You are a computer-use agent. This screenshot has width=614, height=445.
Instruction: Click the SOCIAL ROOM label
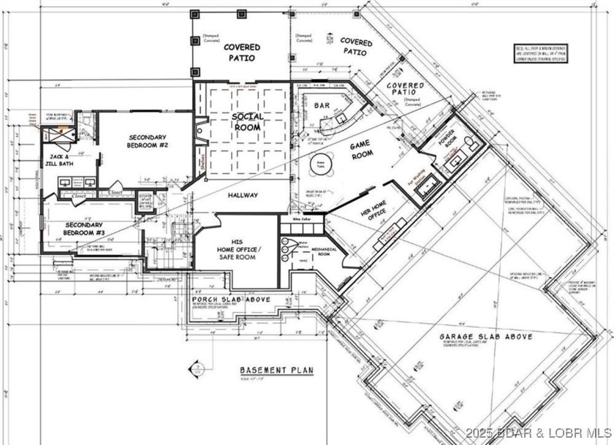(x=248, y=122)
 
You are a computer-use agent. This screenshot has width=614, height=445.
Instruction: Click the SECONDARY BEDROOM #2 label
(x=148, y=142)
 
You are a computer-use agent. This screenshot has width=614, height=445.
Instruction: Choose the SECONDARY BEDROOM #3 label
(x=83, y=229)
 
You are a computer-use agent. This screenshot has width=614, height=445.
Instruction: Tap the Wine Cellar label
(x=303, y=218)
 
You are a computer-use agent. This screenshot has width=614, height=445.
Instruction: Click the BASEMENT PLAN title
(x=276, y=370)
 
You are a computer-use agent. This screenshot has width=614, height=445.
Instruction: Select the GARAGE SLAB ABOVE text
(x=485, y=337)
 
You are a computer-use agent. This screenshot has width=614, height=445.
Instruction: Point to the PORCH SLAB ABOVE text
(x=232, y=300)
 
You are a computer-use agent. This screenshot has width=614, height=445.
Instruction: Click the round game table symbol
(x=319, y=166)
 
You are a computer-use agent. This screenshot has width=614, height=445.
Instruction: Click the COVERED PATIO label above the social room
(x=241, y=53)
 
